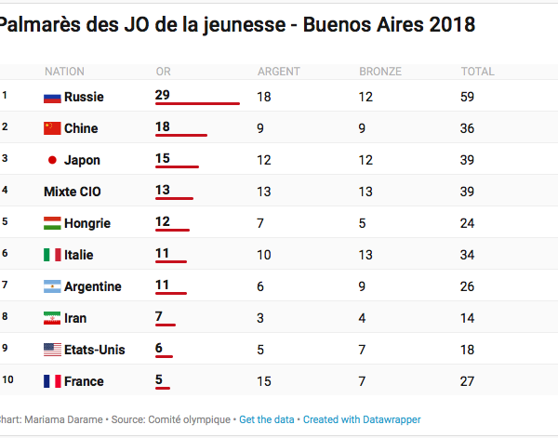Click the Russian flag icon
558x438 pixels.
pos(52,97)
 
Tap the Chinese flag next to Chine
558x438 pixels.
pos(52,128)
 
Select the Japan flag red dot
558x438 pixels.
pos(53,160)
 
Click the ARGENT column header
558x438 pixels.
pos(278,72)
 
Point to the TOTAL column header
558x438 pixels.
pos(477,72)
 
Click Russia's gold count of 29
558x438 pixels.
pos(163,95)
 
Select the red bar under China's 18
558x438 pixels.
pos(181,136)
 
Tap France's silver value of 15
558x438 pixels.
pos(264,381)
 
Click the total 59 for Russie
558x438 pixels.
pos(468,97)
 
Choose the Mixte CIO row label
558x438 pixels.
pos(73,192)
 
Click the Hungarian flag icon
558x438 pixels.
pos(52,223)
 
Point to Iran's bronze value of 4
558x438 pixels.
pos(363,318)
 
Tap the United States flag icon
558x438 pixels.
pos(52,350)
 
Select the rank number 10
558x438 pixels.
pos(7,380)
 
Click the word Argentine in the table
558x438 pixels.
pos(93,286)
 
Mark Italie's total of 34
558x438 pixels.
pos(468,255)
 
